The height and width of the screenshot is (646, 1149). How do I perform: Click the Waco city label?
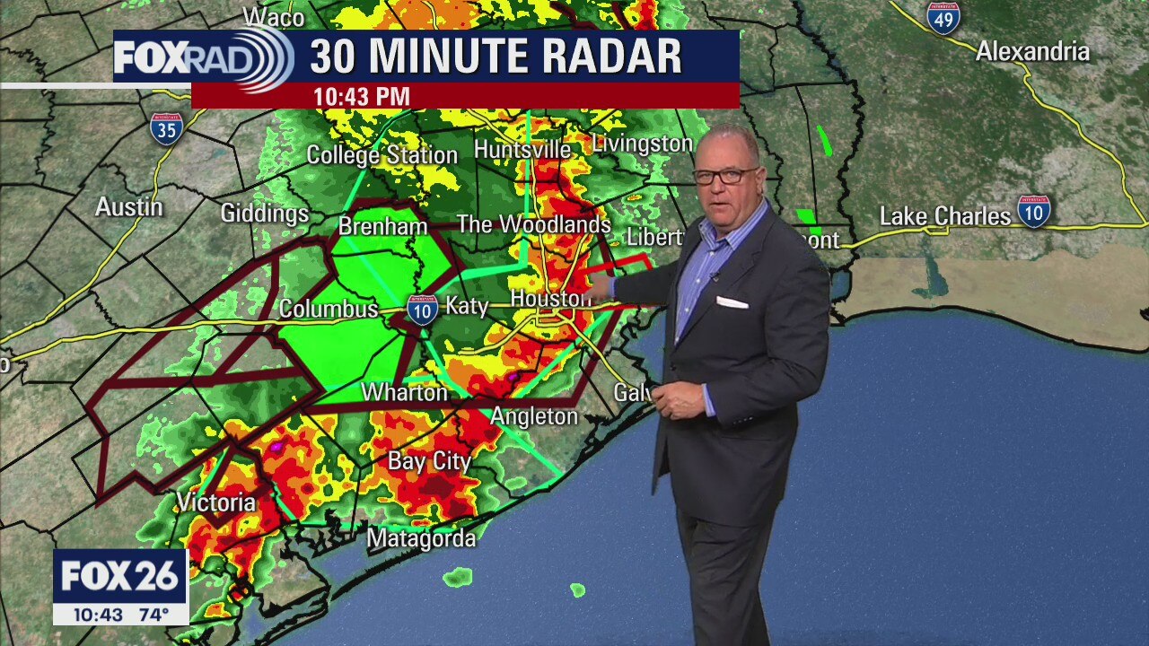click(274, 17)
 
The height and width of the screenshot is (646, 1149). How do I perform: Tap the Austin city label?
click(129, 207)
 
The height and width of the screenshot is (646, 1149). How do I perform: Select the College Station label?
click(382, 155)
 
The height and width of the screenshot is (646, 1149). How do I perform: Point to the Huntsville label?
click(522, 149)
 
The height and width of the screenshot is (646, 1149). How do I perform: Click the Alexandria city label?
click(1032, 52)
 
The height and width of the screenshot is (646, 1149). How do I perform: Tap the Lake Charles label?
click(944, 216)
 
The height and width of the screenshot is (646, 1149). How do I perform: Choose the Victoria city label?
click(216, 502)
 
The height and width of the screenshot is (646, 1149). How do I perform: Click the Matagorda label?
click(422, 538)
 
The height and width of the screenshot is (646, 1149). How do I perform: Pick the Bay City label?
click(429, 461)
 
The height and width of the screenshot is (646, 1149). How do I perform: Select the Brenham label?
click(382, 227)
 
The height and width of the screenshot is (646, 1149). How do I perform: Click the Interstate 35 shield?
click(166, 129)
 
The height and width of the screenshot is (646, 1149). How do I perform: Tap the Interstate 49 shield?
click(943, 18)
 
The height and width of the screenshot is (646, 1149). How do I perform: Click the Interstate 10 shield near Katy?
click(422, 310)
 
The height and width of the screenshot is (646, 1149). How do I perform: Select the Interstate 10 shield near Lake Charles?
click(1034, 211)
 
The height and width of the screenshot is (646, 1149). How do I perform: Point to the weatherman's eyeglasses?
click(724, 176)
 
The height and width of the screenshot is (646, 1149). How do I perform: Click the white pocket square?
click(732, 302)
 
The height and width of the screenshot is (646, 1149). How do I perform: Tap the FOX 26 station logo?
click(120, 577)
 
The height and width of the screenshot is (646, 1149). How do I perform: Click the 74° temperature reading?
click(153, 615)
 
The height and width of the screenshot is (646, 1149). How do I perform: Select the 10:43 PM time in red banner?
click(361, 97)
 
